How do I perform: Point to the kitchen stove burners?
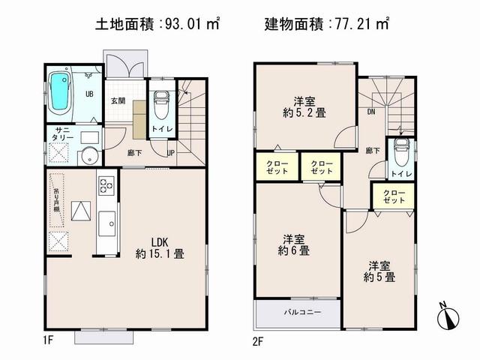106,185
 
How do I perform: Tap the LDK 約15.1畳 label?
159,247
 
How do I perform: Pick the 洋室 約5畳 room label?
381,271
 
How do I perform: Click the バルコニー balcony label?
298,311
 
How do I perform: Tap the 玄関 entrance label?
118,100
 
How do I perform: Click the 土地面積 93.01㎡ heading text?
157,25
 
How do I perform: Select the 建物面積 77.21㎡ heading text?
327,25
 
